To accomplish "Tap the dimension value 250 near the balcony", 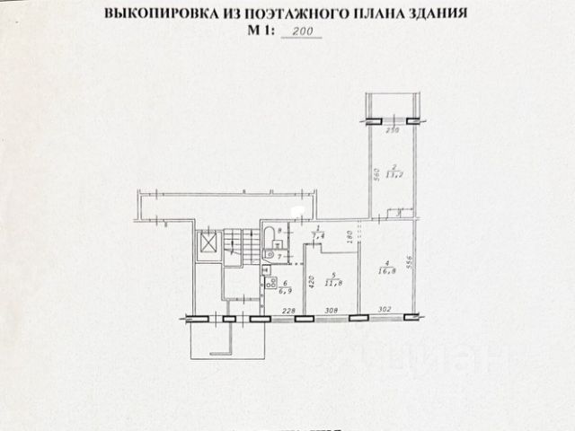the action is point(392,131).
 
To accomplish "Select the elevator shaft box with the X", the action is point(208,243).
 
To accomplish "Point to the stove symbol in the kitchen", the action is point(266,269).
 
